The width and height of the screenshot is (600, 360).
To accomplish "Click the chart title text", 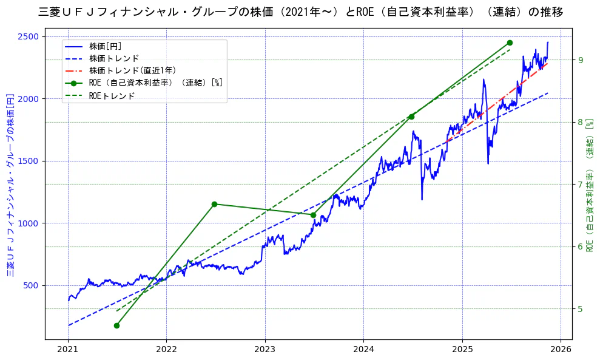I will pos(300,12).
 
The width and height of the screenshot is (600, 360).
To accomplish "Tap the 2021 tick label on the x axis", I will pos(68,350).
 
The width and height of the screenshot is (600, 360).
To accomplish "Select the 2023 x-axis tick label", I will pos(265,350).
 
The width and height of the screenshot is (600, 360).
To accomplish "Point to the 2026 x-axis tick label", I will pos(560,350).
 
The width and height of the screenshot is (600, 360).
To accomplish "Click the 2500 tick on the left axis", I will pos(30,36).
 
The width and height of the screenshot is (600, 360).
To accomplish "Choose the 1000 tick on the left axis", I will pos(30,223).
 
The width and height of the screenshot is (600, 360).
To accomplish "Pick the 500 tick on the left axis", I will pos(32,286).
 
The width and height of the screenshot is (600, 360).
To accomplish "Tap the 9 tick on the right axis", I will pos(581,60).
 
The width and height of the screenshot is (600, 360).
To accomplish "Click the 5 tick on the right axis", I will pos(581,309).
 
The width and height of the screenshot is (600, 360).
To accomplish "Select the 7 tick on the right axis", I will pos(581,185).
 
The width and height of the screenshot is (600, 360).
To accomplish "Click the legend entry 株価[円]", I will pos(105,46).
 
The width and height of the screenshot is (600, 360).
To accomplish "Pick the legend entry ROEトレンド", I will pos(112,95).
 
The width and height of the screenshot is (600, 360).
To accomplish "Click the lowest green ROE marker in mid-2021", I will pos(116,325).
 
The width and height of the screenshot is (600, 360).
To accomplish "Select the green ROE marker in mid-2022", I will pos(214,204).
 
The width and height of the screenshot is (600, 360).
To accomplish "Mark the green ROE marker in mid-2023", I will pos(313,215).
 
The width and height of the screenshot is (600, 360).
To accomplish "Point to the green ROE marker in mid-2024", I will pos(411,117).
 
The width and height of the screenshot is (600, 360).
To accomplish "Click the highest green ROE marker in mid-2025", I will pos(510,42).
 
